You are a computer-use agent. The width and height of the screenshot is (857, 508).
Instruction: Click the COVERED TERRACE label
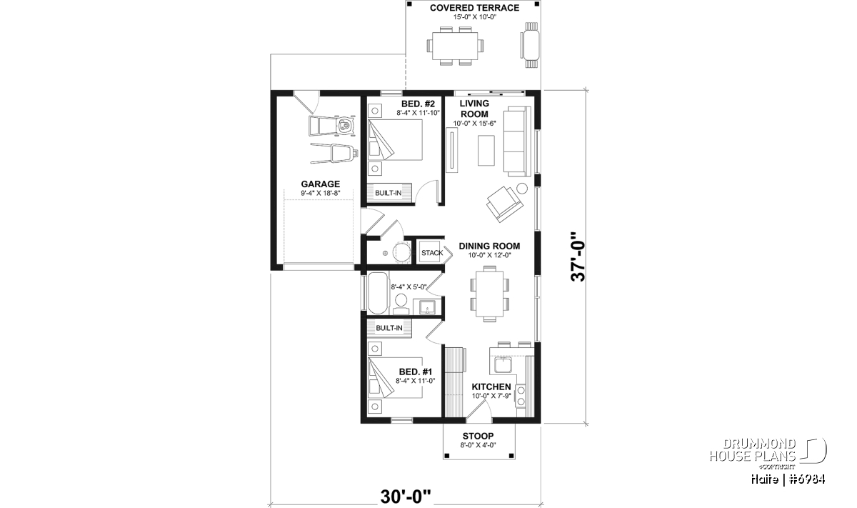[x=474, y=8]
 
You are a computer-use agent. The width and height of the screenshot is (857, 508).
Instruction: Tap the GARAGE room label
[x=320, y=184]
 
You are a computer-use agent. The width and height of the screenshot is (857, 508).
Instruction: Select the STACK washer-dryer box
[x=432, y=253]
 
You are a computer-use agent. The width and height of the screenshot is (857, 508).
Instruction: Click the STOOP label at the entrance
[x=478, y=436]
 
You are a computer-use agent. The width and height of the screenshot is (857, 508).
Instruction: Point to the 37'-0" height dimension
[x=578, y=257]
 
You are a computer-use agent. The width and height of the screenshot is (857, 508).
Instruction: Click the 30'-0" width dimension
[x=406, y=497]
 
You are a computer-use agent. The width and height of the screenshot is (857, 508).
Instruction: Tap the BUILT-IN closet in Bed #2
[x=389, y=193]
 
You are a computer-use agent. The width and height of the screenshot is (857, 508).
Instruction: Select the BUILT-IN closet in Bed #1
[x=389, y=329]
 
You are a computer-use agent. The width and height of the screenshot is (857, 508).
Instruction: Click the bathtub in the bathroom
[x=378, y=293]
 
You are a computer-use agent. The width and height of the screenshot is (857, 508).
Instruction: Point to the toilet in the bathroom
[x=401, y=304]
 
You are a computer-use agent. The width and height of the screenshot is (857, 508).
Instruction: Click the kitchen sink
[x=502, y=364]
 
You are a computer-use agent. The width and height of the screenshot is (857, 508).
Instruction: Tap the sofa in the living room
[x=517, y=141]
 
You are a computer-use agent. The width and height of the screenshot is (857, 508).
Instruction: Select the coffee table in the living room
[x=486, y=151]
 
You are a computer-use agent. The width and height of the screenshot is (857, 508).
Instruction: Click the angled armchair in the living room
[x=505, y=204]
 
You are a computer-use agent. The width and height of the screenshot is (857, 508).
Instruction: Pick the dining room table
[x=489, y=294]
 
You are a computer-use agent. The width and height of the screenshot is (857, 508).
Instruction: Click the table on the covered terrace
[x=455, y=46]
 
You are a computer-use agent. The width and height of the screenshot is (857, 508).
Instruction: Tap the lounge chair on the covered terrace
[x=531, y=45]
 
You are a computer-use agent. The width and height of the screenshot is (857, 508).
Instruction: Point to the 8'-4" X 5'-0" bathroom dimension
[x=409, y=287]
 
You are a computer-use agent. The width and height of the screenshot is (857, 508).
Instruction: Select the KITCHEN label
[x=491, y=387]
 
